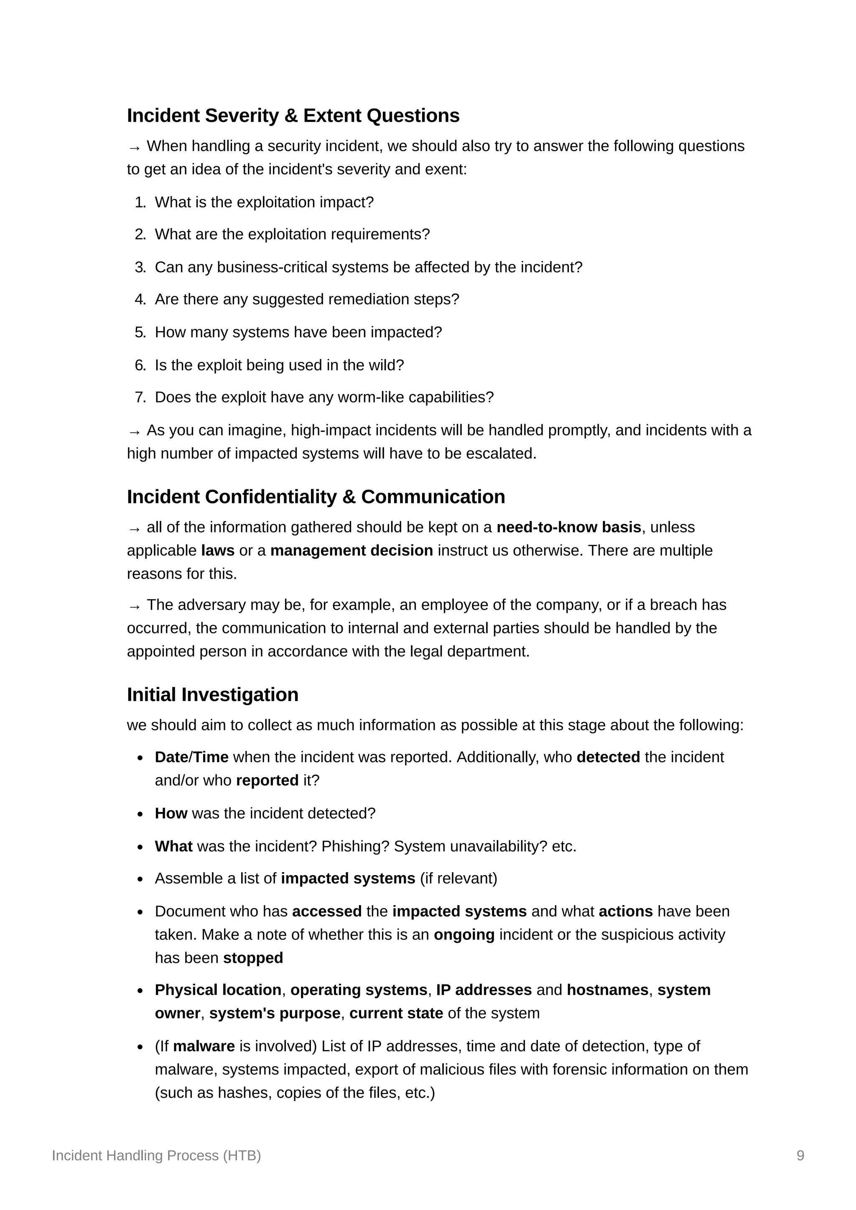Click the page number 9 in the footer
(800, 1155)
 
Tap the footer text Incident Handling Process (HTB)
(156, 1155)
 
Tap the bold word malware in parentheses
(204, 1046)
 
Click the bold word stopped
(253, 957)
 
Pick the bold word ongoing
(464, 934)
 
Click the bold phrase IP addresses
(484, 990)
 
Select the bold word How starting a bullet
(171, 813)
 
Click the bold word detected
(608, 757)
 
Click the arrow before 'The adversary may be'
(134, 606)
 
